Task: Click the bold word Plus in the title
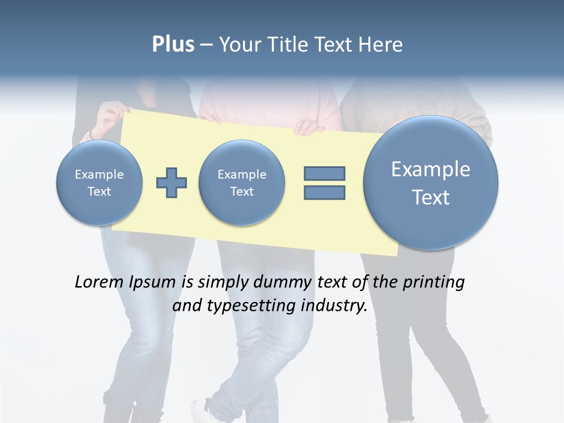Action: pos(173,45)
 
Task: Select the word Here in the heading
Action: pos(381,45)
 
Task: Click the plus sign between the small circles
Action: pos(172,183)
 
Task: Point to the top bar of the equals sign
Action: pos(324,173)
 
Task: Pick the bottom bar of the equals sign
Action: pos(324,193)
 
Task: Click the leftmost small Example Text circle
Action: pos(99,183)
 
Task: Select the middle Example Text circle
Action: pos(242,183)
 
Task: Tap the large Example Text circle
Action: pos(431,183)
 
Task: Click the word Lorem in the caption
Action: pos(100,282)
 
